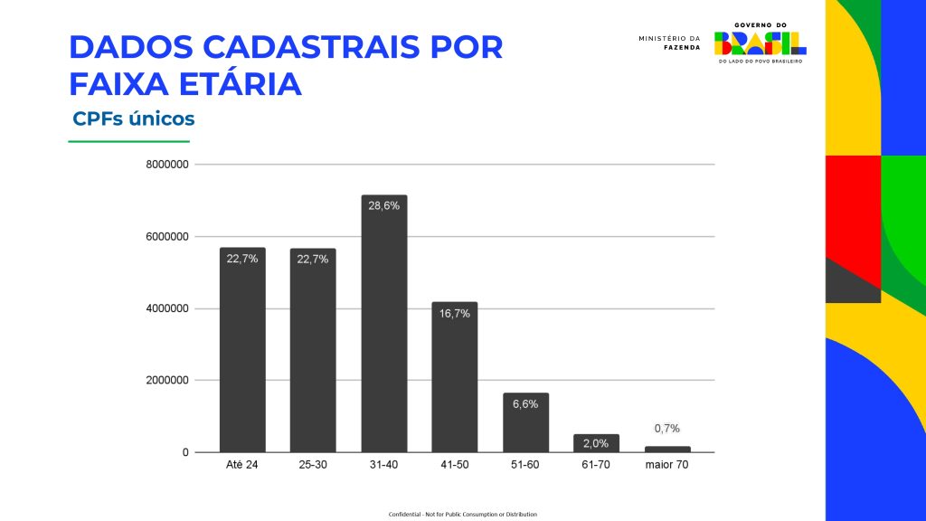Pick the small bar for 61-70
(x=596, y=443)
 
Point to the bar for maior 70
(x=667, y=449)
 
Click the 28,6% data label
(x=384, y=205)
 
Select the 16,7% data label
(x=455, y=313)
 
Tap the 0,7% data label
(x=667, y=428)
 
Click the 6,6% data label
(x=525, y=403)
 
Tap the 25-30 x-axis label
(x=313, y=465)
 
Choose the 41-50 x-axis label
(x=455, y=465)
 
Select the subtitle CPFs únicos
(x=134, y=118)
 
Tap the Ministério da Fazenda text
(x=669, y=43)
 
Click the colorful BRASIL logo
(x=761, y=42)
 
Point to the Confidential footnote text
(x=463, y=514)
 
